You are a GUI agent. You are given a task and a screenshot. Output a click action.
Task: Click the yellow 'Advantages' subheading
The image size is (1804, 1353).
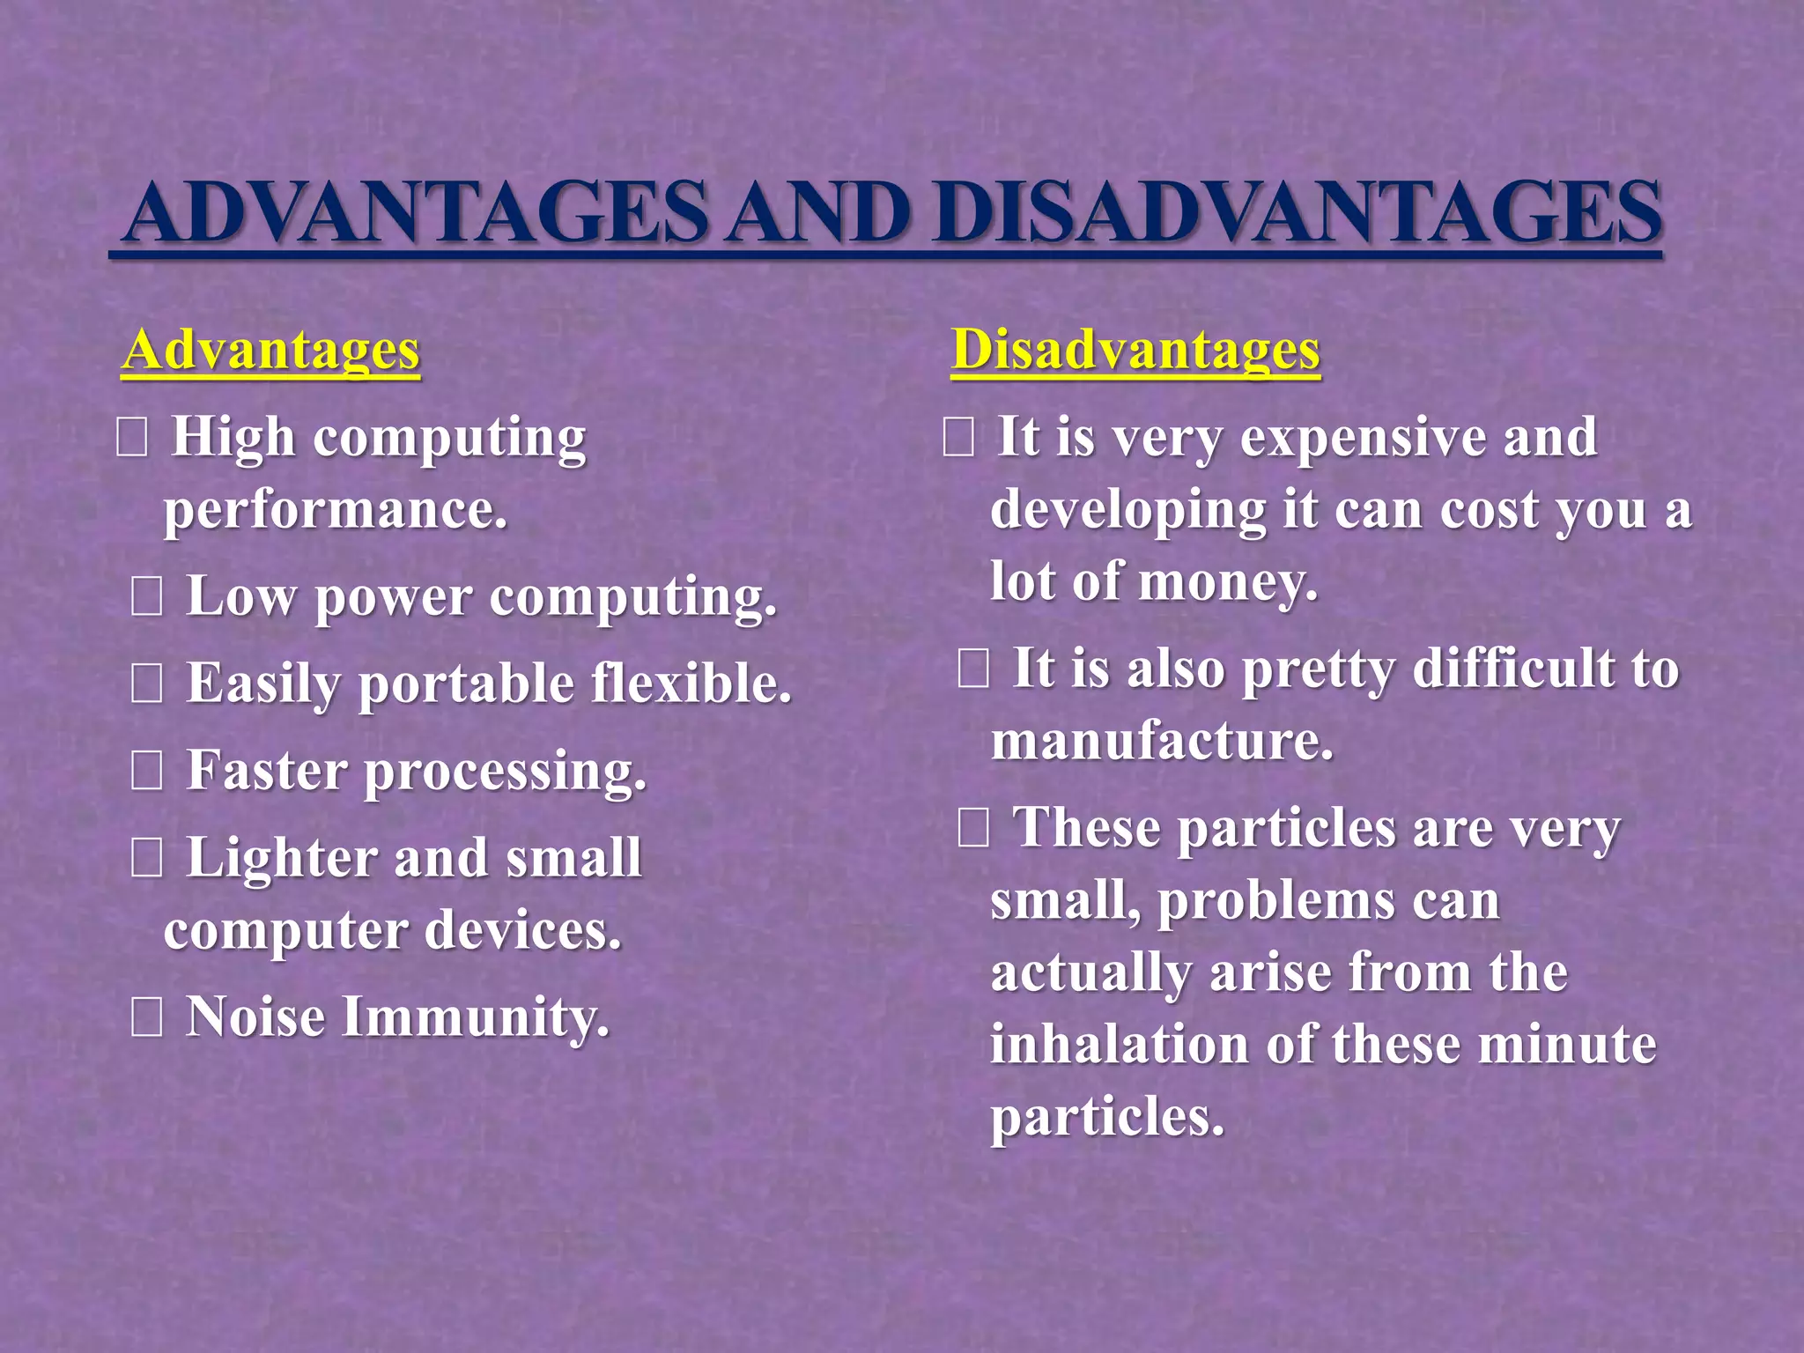271,350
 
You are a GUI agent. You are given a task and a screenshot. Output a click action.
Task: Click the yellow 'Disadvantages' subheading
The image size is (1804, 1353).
1135,350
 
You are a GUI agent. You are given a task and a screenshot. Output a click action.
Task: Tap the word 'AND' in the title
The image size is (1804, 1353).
820,213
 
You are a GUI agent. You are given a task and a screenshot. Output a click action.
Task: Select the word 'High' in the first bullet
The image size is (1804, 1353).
233,437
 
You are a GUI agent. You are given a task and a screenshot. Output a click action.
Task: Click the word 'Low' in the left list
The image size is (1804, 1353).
241,596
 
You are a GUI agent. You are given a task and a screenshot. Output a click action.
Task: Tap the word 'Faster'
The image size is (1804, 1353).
267,771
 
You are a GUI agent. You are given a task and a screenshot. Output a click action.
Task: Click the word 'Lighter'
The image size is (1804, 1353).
282,858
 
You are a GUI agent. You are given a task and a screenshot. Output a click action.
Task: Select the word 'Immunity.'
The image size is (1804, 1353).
476,1017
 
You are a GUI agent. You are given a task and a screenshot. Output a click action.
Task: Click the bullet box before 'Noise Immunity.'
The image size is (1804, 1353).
146,1018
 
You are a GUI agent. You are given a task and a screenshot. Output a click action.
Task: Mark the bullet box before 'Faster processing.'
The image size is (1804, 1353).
146,772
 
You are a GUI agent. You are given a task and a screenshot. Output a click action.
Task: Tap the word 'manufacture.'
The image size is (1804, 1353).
1162,741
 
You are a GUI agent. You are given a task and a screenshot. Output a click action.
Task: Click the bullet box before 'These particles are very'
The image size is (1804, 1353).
973,828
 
